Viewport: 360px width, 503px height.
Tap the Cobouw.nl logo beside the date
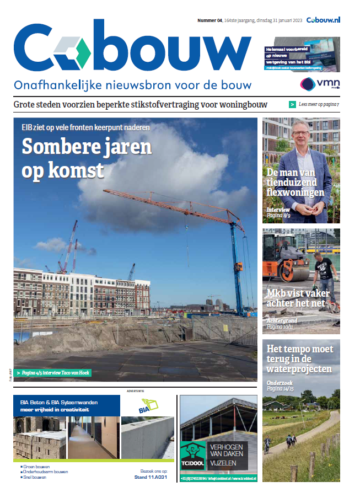tap(323, 20)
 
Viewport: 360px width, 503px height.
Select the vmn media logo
tap(319, 84)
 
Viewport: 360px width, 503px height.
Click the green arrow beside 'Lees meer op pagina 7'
tap(292, 104)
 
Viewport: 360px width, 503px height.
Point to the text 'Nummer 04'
tap(209, 20)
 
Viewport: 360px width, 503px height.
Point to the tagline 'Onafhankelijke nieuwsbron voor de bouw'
tap(132, 85)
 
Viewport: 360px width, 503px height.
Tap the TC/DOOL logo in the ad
tap(192, 454)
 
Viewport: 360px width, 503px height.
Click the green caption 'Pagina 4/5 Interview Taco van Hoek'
tap(53, 373)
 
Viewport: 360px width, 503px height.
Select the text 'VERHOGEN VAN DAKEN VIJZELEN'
tap(226, 454)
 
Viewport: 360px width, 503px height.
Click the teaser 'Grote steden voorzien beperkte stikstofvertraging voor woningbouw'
tap(140, 104)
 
